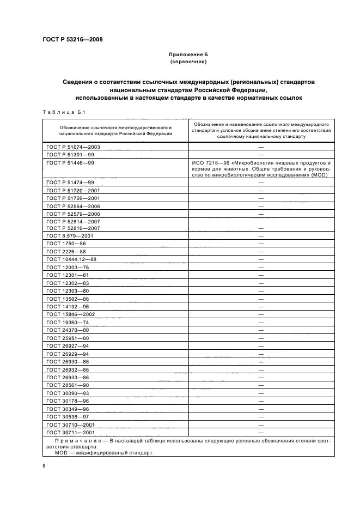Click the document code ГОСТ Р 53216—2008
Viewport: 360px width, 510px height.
tap(72, 40)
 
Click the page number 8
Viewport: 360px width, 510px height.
tap(44, 465)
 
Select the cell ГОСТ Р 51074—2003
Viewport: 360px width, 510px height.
tap(74, 147)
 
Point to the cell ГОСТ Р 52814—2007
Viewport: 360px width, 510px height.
tap(74, 221)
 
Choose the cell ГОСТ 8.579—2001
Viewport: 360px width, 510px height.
tap(70, 236)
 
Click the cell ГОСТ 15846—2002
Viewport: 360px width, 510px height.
tap(71, 314)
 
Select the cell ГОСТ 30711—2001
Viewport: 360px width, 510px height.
tap(71, 432)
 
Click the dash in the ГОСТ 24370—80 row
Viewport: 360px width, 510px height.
tap(261, 330)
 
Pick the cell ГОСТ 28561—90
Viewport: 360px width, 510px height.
tap(68, 385)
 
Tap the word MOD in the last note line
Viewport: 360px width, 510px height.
tap(62, 452)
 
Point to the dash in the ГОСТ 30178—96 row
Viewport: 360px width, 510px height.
tap(261, 400)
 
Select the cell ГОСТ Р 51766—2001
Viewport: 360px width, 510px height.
tap(74, 198)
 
